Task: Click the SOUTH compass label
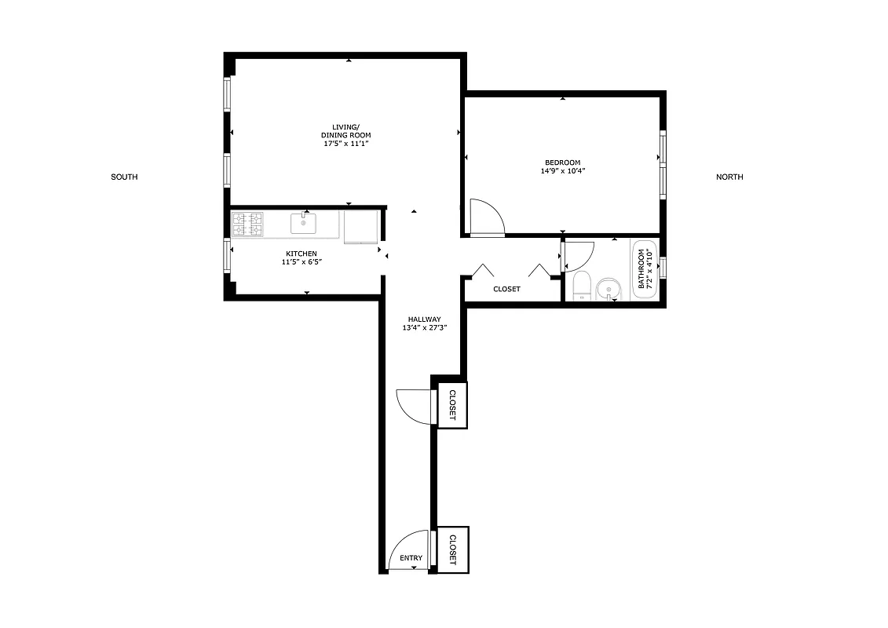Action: pyautogui.click(x=124, y=177)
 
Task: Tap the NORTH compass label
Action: pyautogui.click(x=729, y=177)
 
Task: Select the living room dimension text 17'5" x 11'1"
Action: pyautogui.click(x=345, y=144)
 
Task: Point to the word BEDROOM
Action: pyautogui.click(x=563, y=162)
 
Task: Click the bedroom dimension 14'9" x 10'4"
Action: pyautogui.click(x=563, y=171)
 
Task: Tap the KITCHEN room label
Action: pyautogui.click(x=301, y=254)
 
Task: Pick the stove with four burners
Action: pyautogui.click(x=247, y=225)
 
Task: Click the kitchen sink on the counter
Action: pyautogui.click(x=303, y=224)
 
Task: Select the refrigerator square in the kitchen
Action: pyautogui.click(x=360, y=226)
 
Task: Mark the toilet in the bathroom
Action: pyautogui.click(x=582, y=286)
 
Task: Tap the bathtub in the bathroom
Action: pyautogui.click(x=645, y=269)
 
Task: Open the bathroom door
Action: pyautogui.click(x=577, y=256)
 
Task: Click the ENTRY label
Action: pyautogui.click(x=411, y=558)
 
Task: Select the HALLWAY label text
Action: pyautogui.click(x=424, y=319)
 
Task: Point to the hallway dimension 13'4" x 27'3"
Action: pyautogui.click(x=424, y=328)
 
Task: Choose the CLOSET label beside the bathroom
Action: pyautogui.click(x=506, y=289)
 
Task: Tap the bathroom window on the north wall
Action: pyautogui.click(x=664, y=267)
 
